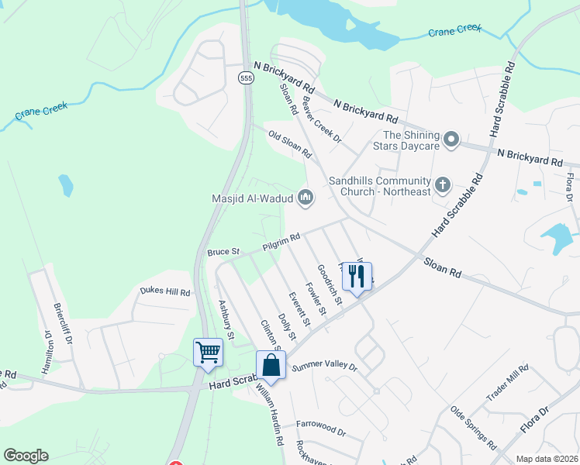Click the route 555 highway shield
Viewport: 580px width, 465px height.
tap(246, 78)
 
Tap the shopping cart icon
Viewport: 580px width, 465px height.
tap(208, 352)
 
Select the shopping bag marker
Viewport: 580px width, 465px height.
tap(271, 364)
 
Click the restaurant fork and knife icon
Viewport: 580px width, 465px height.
tap(356, 274)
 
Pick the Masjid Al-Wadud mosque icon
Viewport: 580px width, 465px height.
tap(306, 198)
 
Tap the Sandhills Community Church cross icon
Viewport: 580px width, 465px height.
tap(443, 184)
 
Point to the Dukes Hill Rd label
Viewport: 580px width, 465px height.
tap(164, 292)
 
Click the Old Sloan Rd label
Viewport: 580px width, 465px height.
tap(289, 145)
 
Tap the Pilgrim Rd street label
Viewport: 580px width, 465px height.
tap(281, 242)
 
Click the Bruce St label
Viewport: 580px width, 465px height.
tap(225, 251)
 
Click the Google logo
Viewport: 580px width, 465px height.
tap(26, 456)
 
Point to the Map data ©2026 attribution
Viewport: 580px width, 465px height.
tap(546, 459)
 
